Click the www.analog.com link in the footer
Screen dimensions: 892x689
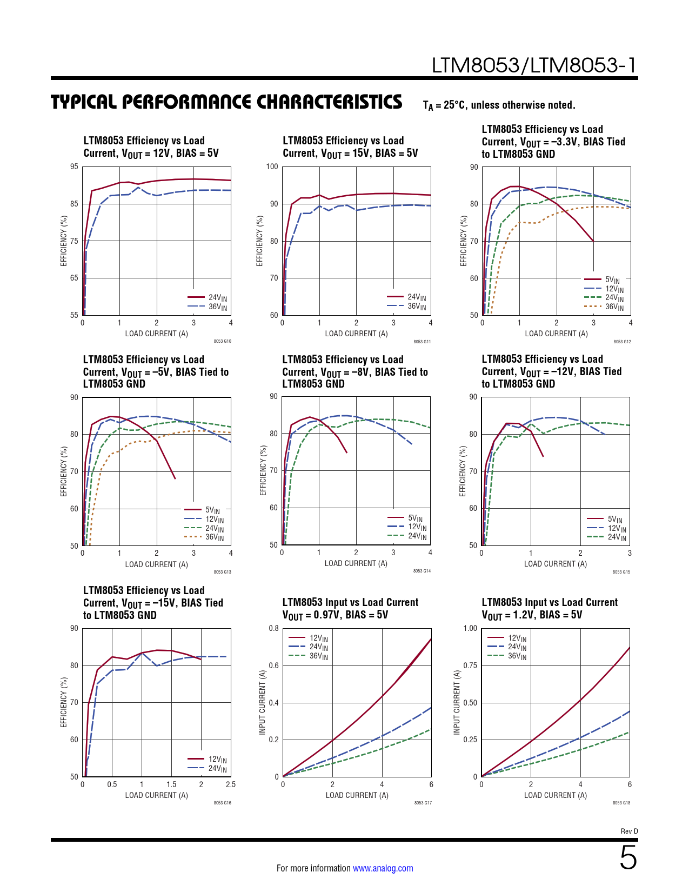383,868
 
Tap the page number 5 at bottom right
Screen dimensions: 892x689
628,858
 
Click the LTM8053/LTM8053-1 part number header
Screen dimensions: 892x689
534,65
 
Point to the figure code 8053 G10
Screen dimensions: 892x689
222,342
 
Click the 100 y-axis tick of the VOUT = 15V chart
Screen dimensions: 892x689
272,167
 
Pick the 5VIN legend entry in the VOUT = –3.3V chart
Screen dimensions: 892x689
612,280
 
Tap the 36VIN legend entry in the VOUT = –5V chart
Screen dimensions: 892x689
214,537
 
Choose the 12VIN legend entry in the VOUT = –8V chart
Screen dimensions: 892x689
417,527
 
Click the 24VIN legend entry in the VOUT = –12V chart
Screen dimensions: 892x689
617,537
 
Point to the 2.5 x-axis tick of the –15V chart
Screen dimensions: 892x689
231,784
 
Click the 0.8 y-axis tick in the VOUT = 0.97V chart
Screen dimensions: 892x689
274,628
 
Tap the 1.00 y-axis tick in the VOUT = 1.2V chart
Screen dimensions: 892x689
470,628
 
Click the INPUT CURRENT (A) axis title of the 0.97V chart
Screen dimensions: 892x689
262,702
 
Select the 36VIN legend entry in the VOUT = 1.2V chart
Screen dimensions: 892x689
517,656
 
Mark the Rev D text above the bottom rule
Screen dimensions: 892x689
629,831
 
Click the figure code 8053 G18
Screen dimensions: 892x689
621,803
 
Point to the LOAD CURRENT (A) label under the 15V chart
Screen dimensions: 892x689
356,334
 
